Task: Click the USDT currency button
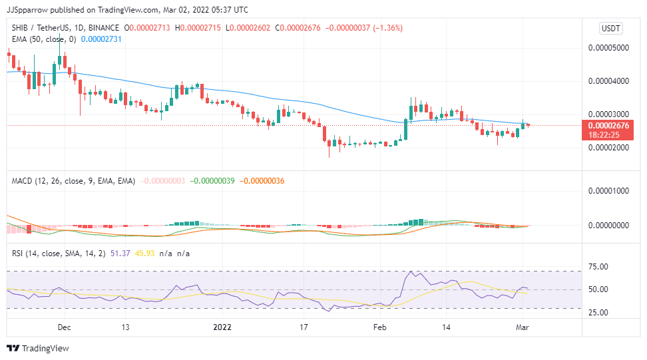(610, 28)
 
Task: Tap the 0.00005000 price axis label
(610, 48)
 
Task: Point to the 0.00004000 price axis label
(610, 81)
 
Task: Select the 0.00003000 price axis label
(610, 114)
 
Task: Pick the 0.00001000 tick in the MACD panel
(610, 191)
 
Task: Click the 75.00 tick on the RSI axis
(599, 268)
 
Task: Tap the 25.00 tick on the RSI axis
(599, 312)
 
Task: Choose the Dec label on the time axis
(65, 327)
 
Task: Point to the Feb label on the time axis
(379, 327)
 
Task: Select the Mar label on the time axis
(523, 327)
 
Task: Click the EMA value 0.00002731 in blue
(104, 40)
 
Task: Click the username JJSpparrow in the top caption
(30, 10)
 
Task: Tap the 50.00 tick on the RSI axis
(599, 289)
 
